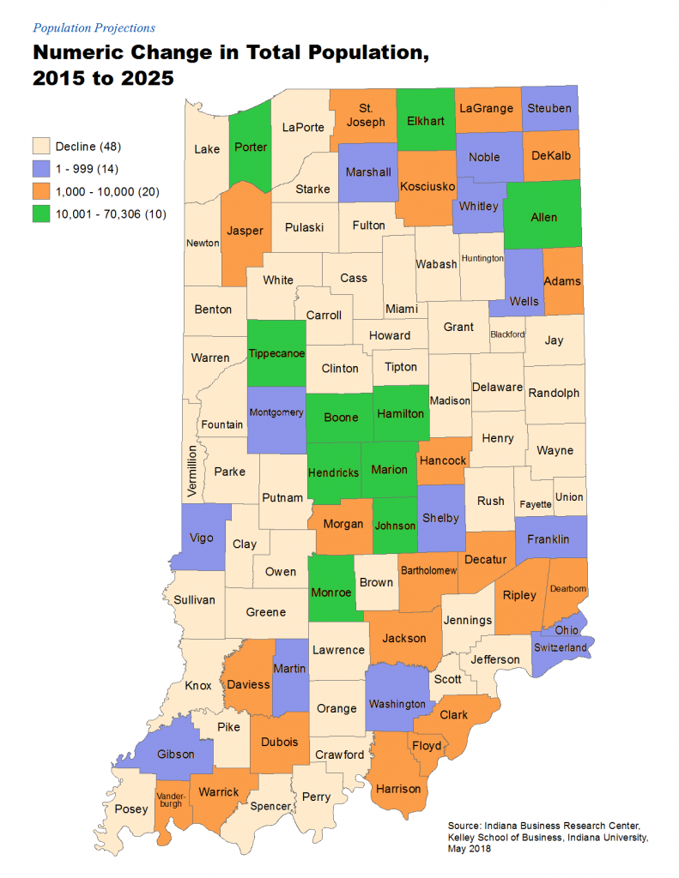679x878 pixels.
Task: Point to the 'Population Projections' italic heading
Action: [x=94, y=28]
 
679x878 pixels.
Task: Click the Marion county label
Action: [x=389, y=470]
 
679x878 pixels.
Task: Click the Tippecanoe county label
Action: [x=276, y=354]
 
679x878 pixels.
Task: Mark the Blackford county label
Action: [x=506, y=334]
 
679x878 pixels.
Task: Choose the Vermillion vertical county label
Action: [x=193, y=471]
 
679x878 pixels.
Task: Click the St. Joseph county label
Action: [x=366, y=115]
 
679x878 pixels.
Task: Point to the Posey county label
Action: [x=131, y=809]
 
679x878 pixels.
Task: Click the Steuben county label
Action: [x=549, y=108]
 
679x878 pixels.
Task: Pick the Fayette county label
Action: [x=535, y=504]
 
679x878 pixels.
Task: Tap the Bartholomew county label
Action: [x=427, y=571]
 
